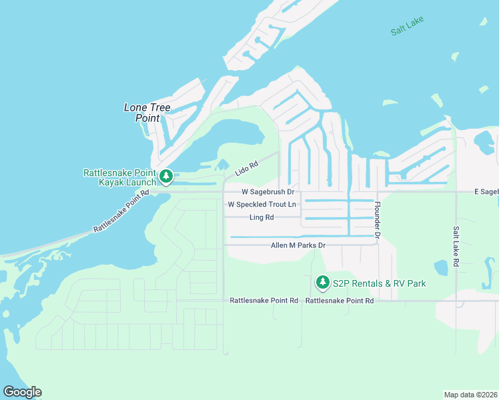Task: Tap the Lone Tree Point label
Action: click(147, 113)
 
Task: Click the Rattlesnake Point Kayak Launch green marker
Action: click(165, 177)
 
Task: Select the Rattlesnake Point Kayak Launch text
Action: click(119, 177)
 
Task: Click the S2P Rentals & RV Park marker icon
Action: click(323, 283)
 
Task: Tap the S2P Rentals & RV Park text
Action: click(379, 284)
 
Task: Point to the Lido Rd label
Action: click(246, 169)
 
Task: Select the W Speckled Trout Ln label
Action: click(262, 205)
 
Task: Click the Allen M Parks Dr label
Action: click(298, 245)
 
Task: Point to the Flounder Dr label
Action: click(377, 220)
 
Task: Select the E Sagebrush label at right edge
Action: click(486, 192)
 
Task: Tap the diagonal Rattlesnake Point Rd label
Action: click(121, 211)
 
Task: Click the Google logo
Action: click(22, 392)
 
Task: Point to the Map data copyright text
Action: click(470, 395)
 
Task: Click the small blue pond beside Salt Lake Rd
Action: click(440, 268)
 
